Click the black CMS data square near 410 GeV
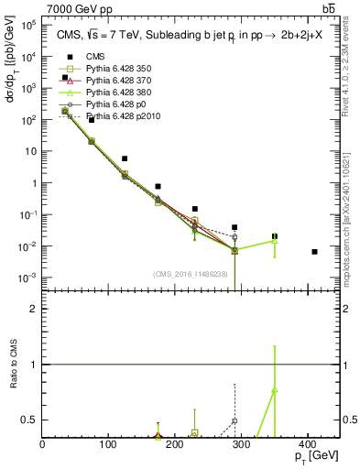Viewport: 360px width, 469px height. point(314,251)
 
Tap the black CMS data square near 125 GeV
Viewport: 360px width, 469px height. point(125,158)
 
